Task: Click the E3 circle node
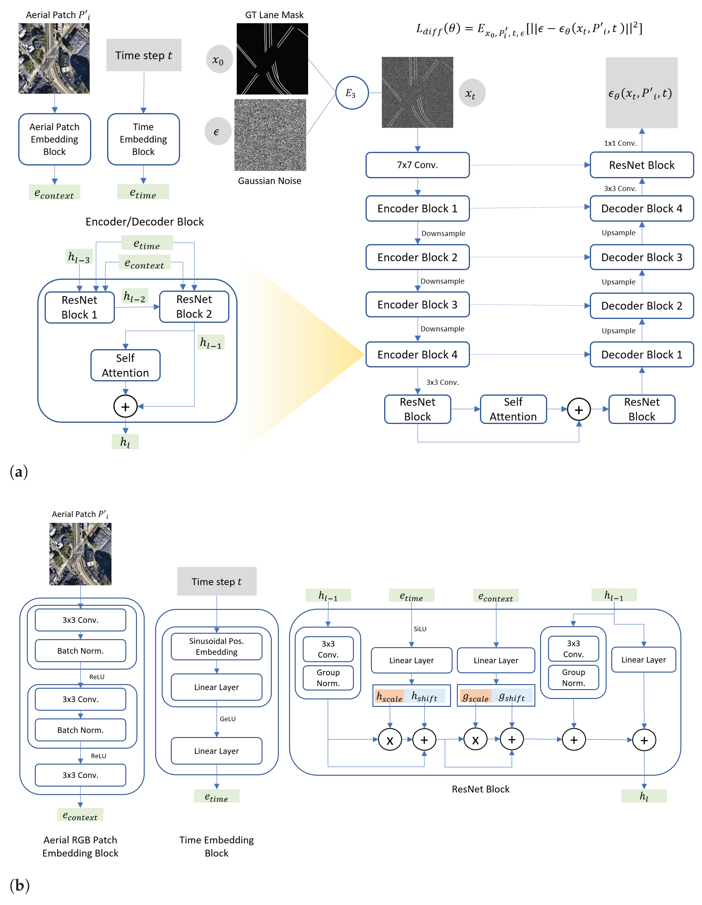tap(352, 93)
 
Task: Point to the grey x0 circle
tap(219, 60)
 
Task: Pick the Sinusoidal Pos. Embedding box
tap(216, 646)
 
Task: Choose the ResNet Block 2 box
tap(194, 307)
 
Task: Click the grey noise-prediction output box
tap(641, 93)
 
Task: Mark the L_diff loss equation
tap(529, 29)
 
